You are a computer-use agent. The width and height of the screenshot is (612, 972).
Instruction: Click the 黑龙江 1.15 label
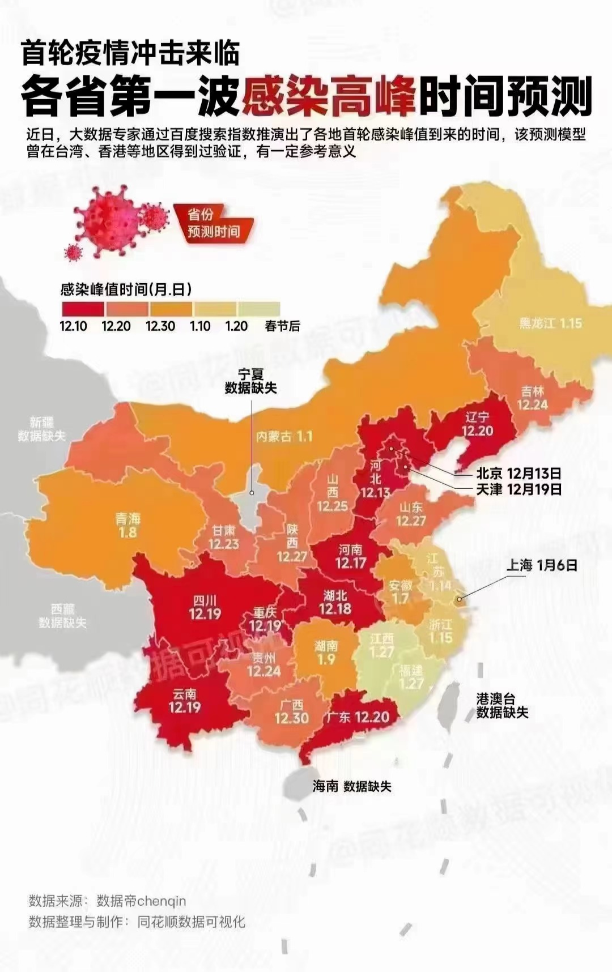pos(550,323)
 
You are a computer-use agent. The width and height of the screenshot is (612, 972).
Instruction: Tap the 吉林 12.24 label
pos(532,398)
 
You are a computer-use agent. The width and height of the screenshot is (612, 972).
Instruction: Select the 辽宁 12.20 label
pos(477,424)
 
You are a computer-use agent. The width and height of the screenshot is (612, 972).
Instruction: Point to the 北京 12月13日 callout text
pos(518,474)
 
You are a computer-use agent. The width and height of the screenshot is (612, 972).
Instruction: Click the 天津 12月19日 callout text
pos(518,489)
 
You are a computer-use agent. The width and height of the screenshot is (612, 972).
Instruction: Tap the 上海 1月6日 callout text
pos(541,565)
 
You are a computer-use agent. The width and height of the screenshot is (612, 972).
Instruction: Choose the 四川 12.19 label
pos(205,607)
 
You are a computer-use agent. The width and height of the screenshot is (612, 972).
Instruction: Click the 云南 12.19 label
pos(184,701)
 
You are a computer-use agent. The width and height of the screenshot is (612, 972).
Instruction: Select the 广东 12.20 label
pos(358,718)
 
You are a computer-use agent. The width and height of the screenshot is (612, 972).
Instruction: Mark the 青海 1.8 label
pos(127,526)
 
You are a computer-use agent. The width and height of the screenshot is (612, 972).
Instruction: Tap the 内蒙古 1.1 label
pos(284,437)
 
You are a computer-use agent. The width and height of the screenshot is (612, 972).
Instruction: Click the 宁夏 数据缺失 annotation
pos(250,381)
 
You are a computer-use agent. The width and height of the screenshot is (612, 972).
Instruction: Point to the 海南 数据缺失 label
pos(351,786)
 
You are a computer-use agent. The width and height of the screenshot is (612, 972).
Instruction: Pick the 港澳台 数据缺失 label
pos(502,706)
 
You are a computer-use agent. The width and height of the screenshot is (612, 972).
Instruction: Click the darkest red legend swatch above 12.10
pos(83,309)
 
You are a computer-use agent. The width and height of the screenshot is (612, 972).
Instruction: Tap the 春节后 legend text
pos(282,326)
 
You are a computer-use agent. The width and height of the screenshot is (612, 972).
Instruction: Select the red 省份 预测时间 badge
pos(214,224)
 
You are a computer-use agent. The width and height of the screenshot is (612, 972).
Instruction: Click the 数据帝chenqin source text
pos(141,901)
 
